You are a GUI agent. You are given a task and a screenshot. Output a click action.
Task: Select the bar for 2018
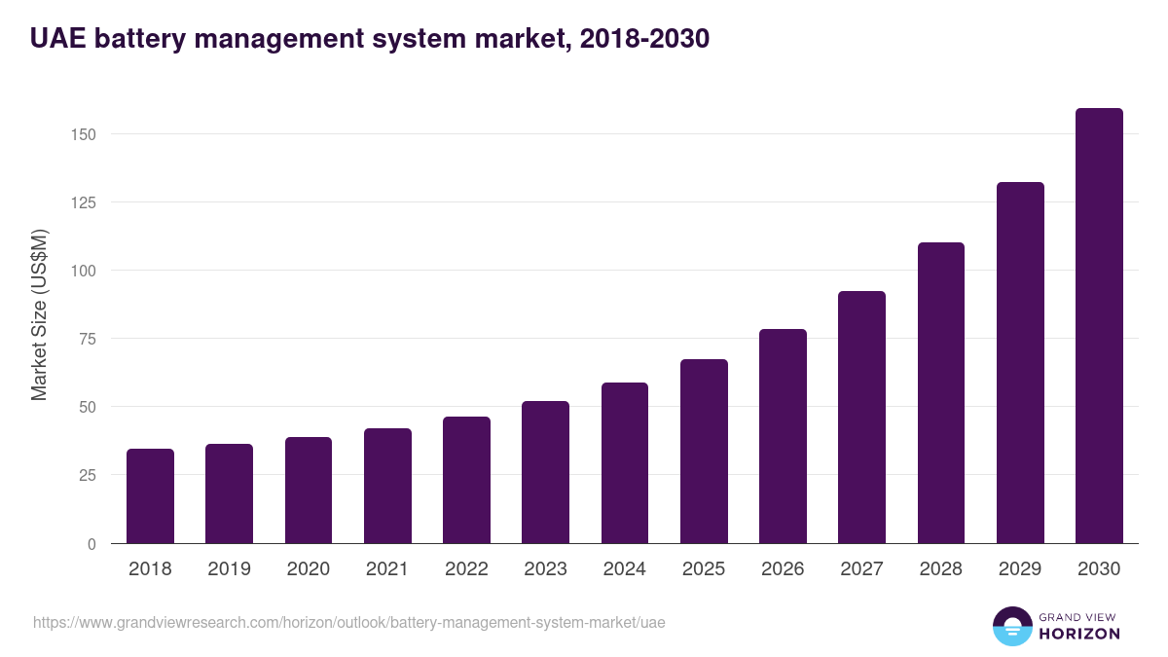150,496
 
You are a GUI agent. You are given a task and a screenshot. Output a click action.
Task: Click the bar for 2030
1099,326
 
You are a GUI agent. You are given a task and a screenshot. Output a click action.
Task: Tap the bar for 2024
625,463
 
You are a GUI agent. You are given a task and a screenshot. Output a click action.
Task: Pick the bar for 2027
861,418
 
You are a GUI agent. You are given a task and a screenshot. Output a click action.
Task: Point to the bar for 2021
387,486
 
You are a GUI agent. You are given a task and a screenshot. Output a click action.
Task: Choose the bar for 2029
1020,363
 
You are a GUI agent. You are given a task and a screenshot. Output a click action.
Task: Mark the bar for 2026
783,436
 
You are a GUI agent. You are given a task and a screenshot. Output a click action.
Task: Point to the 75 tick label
88,339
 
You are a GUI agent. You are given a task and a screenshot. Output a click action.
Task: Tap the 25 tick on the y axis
88,475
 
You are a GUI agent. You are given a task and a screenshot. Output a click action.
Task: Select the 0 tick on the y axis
91,544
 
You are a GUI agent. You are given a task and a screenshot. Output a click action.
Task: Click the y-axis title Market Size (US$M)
39,314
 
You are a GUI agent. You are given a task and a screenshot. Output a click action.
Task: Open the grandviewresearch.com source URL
348,622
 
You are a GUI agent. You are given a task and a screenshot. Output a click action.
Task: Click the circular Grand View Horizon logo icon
1012,626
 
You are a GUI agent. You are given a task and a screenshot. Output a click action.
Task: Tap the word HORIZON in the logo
1079,634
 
